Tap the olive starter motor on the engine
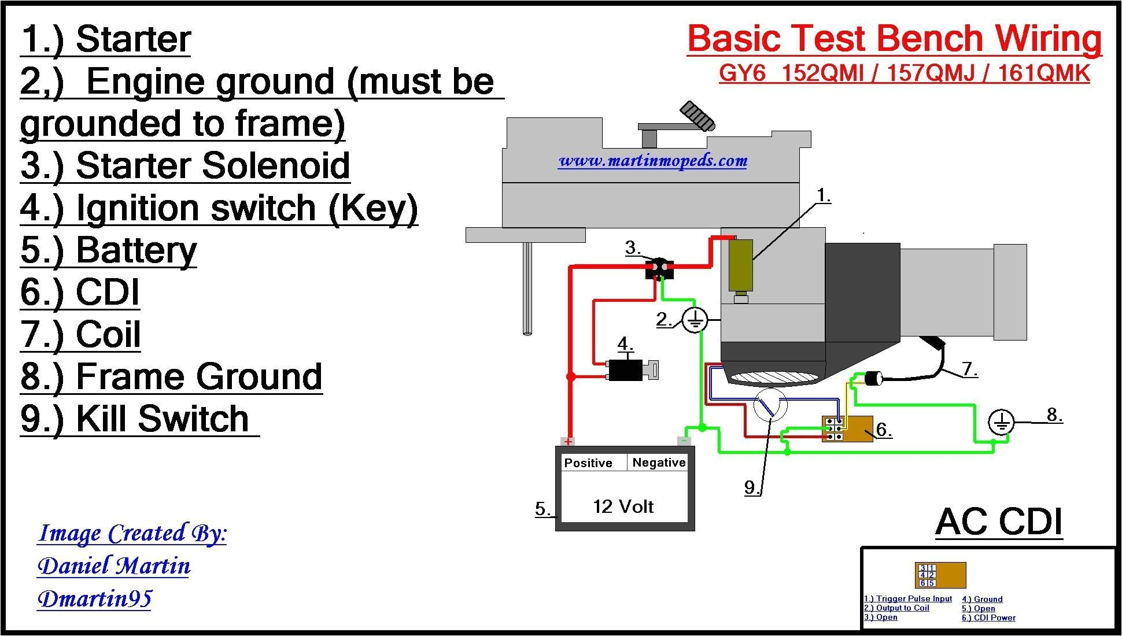[x=740, y=266]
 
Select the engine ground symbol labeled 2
[x=695, y=320]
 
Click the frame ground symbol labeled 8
[x=1001, y=423]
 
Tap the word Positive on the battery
[x=588, y=463]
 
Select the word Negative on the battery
[x=659, y=463]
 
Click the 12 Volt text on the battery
[x=623, y=507]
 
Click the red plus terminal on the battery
[x=569, y=441]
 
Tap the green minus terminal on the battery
[x=685, y=441]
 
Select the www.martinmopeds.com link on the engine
[x=652, y=161]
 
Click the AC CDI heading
[x=999, y=522]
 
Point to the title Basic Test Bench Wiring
[x=894, y=39]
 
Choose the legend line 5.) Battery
[x=109, y=250]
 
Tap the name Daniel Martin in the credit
[x=114, y=565]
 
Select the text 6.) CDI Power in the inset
[x=988, y=617]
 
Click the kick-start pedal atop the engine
[x=697, y=115]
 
